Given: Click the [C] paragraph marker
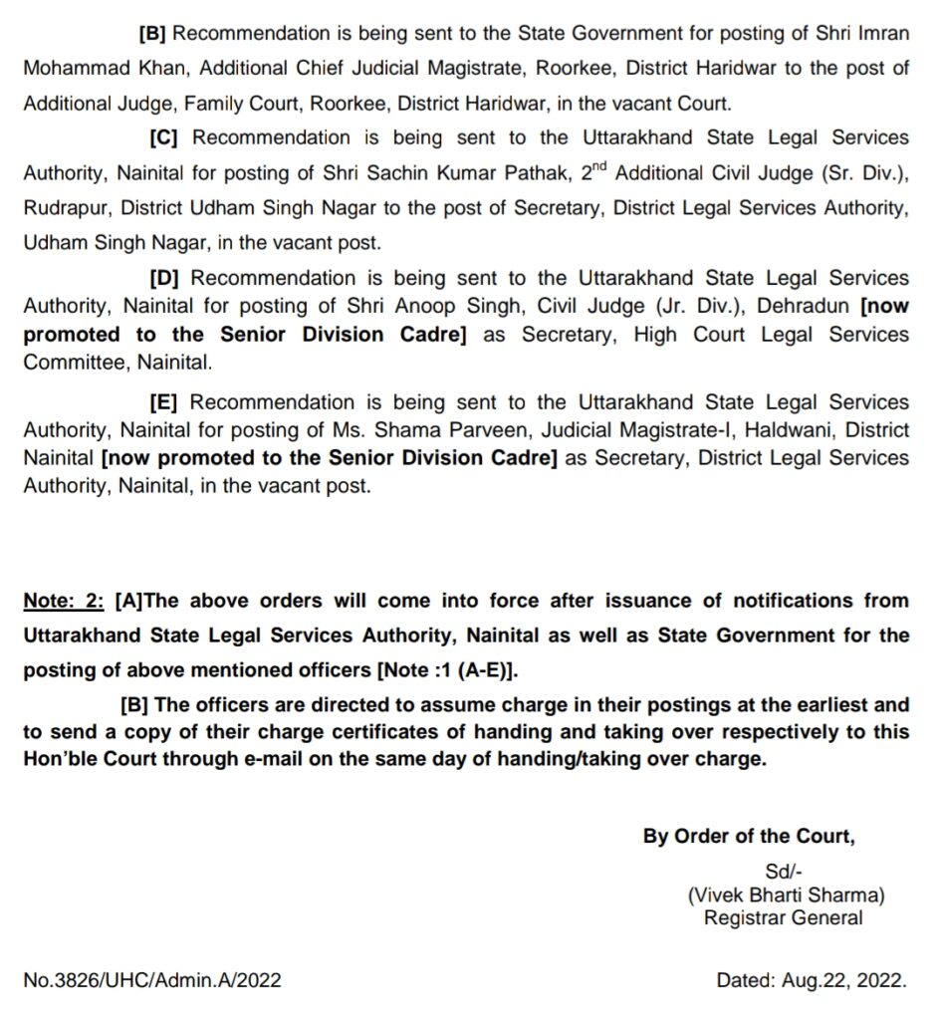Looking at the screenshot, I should coord(163,137).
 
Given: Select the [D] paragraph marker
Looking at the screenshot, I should coord(163,278).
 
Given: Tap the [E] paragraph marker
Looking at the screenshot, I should coord(163,402).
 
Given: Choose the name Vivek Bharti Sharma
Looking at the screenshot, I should coord(786,894).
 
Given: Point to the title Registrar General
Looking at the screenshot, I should coord(784,917).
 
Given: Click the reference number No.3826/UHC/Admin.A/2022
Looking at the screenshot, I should coord(152,980).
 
